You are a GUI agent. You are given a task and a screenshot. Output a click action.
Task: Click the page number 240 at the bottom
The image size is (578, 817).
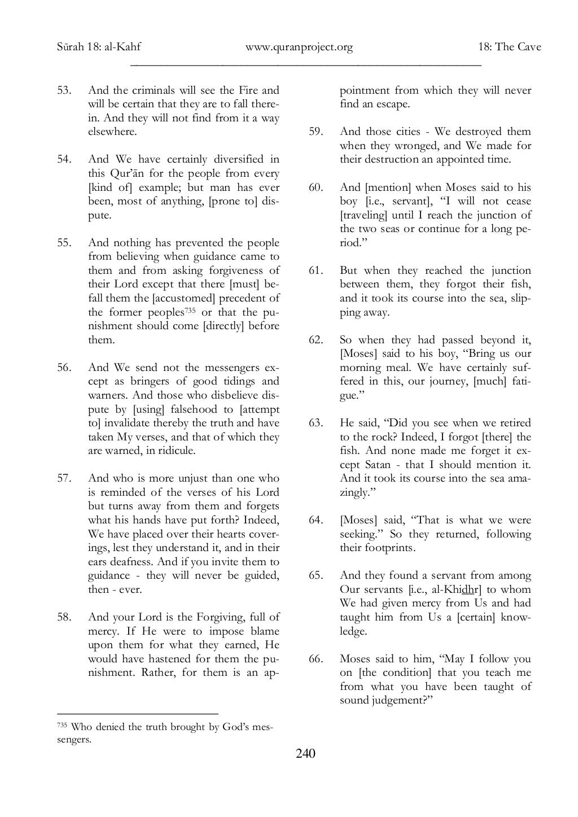(x=305, y=753)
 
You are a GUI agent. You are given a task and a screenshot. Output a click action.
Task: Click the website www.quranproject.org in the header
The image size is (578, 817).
(x=299, y=47)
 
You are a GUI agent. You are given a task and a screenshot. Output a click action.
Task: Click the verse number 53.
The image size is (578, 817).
(x=64, y=90)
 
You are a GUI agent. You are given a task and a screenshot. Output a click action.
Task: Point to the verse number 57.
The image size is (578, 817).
(x=64, y=479)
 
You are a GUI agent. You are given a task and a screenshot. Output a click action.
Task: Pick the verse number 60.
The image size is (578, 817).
(x=316, y=187)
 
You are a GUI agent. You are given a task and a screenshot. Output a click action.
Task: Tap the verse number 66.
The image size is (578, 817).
(x=316, y=659)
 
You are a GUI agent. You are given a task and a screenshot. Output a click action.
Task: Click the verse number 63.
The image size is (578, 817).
(x=316, y=423)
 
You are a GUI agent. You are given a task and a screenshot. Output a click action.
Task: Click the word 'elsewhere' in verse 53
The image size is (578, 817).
(x=112, y=132)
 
